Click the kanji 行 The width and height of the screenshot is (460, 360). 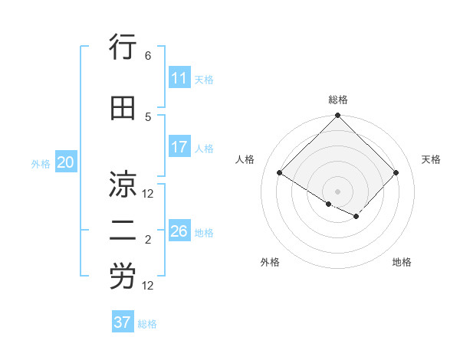pyautogui.click(x=123, y=50)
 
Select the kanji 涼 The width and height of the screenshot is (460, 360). pyautogui.click(x=123, y=185)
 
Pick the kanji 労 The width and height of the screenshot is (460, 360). pyautogui.click(x=123, y=277)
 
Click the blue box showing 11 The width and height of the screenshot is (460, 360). pyautogui.click(x=179, y=78)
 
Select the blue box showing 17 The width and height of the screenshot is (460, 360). pyautogui.click(x=179, y=147)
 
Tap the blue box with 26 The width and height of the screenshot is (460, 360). pyautogui.click(x=179, y=231)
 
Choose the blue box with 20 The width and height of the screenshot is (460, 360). pyautogui.click(x=66, y=162)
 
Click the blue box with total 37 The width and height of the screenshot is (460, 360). pyautogui.click(x=123, y=322)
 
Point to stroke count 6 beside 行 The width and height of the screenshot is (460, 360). pyautogui.click(x=148, y=56)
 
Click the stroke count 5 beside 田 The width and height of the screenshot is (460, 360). pyautogui.click(x=148, y=116)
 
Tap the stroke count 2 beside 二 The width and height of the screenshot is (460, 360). pyautogui.click(x=148, y=240)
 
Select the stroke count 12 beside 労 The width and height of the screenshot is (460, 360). pyautogui.click(x=148, y=286)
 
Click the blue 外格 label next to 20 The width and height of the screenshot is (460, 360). pyautogui.click(x=41, y=163)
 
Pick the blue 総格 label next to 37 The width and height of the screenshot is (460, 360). pyautogui.click(x=147, y=324)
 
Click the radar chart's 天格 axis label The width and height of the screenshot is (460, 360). pyautogui.click(x=431, y=159)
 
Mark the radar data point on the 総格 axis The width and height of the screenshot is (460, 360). pyautogui.click(x=337, y=116)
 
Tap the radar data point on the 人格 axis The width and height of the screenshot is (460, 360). pyautogui.click(x=280, y=173)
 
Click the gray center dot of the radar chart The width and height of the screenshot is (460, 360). pyautogui.click(x=337, y=191)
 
